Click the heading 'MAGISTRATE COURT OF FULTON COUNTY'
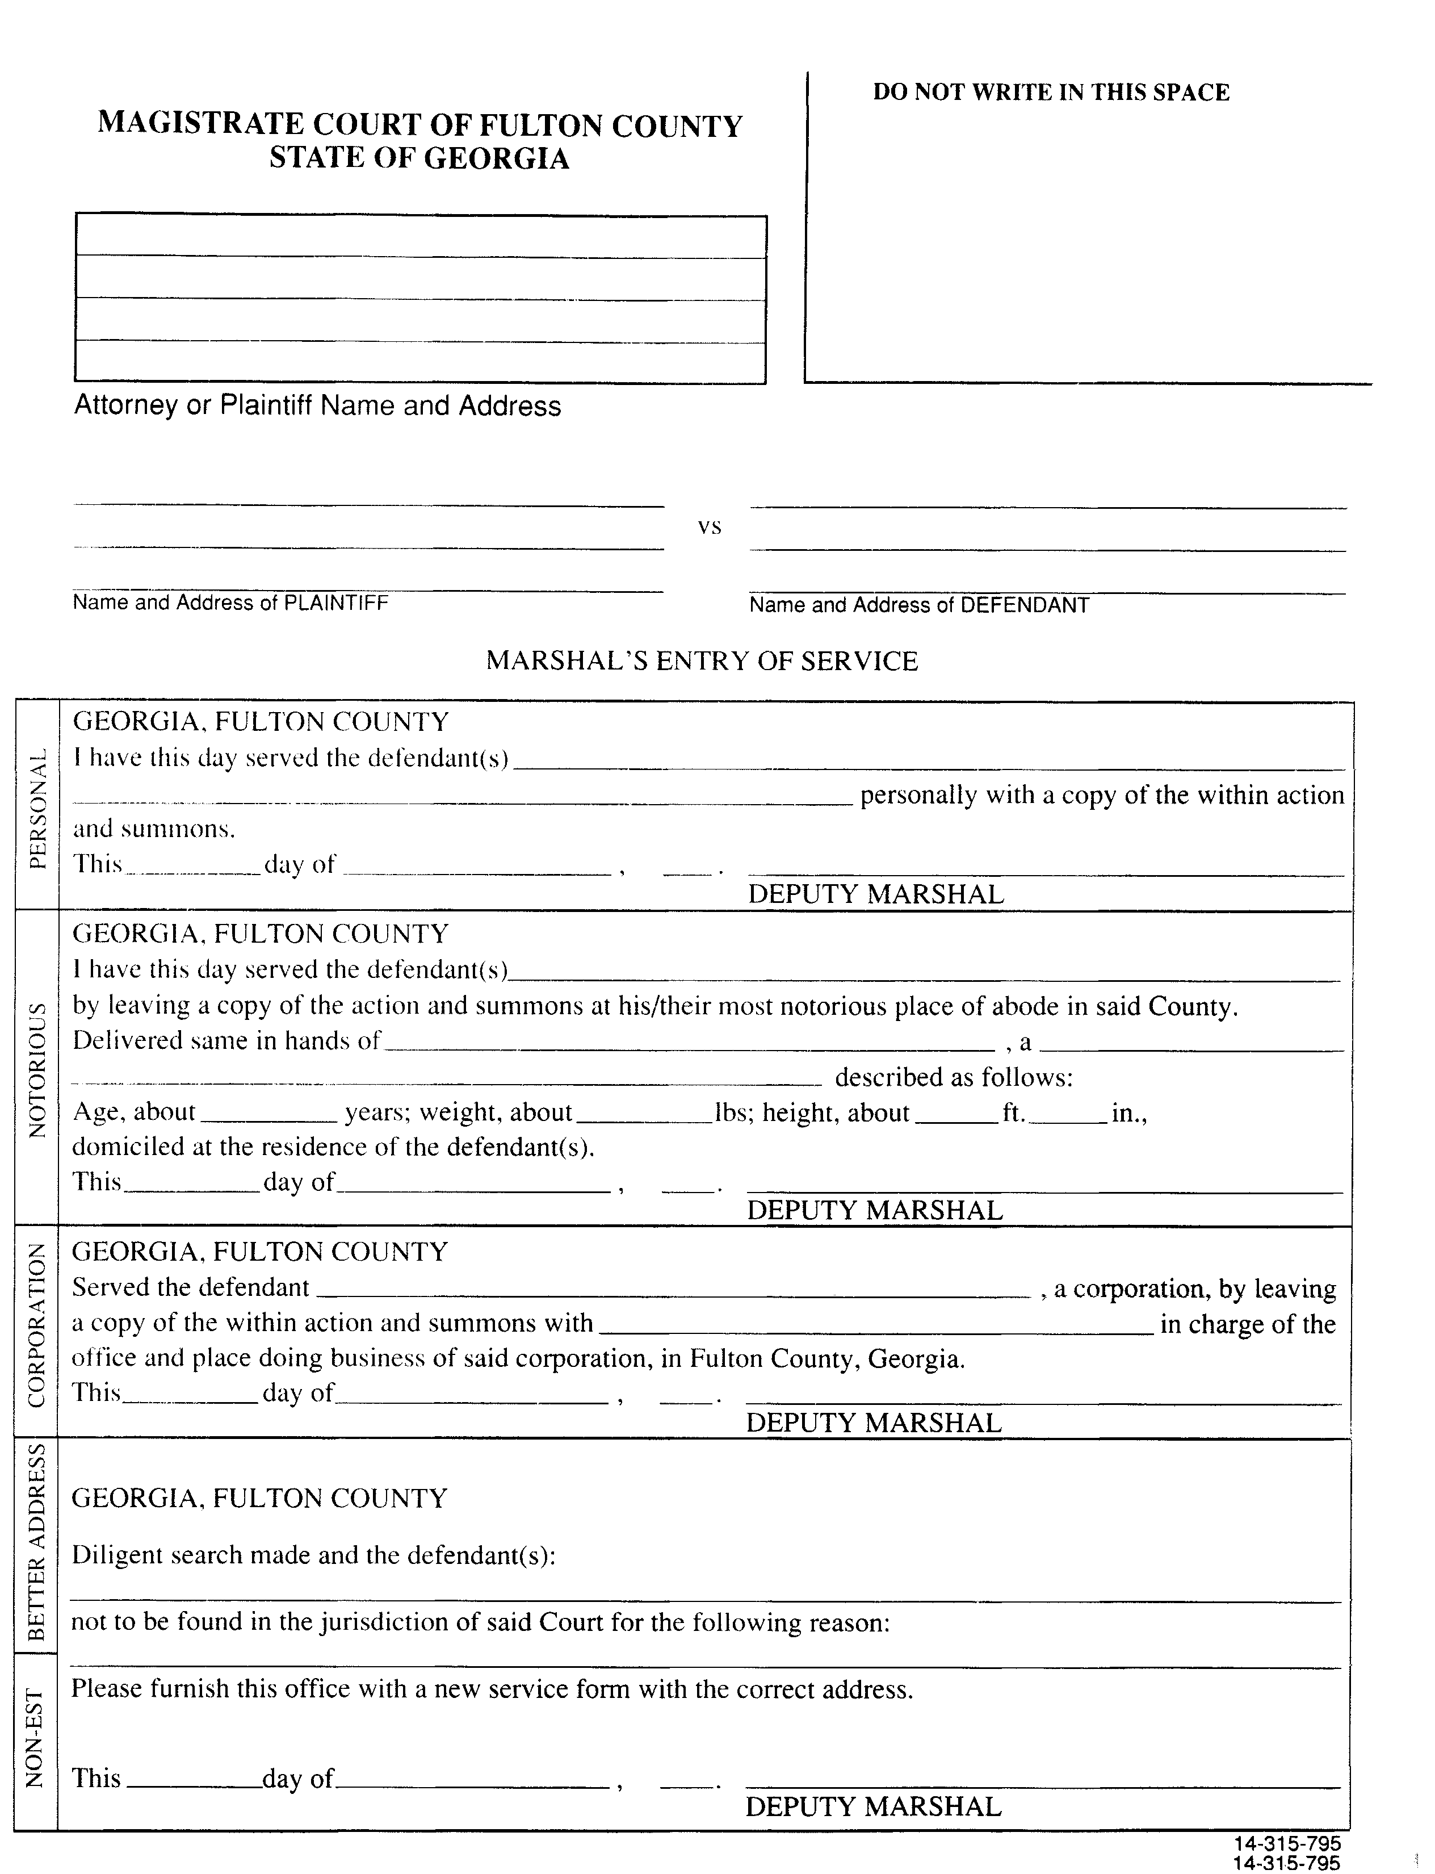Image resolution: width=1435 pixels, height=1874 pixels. (x=419, y=125)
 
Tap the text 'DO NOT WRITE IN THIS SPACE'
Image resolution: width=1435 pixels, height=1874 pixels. (x=1051, y=93)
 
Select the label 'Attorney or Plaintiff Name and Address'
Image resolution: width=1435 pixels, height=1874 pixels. (x=318, y=405)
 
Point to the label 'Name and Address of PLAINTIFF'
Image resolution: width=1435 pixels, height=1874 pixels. (x=230, y=603)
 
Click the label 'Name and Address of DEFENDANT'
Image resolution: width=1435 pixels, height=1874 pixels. (x=919, y=605)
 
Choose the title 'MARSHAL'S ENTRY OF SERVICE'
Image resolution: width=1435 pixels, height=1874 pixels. (x=701, y=660)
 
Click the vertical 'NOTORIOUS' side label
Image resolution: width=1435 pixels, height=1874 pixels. (x=37, y=1069)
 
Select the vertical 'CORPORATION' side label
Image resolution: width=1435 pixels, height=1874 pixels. (x=37, y=1324)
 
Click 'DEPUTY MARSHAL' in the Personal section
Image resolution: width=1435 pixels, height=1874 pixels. (x=875, y=894)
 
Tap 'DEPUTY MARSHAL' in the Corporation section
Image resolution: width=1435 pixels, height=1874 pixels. (x=873, y=1423)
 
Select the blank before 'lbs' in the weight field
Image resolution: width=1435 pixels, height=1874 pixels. (x=644, y=1114)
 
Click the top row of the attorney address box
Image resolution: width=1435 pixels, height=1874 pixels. (x=420, y=237)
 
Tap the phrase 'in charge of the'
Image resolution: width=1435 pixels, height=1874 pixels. (x=1247, y=1324)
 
